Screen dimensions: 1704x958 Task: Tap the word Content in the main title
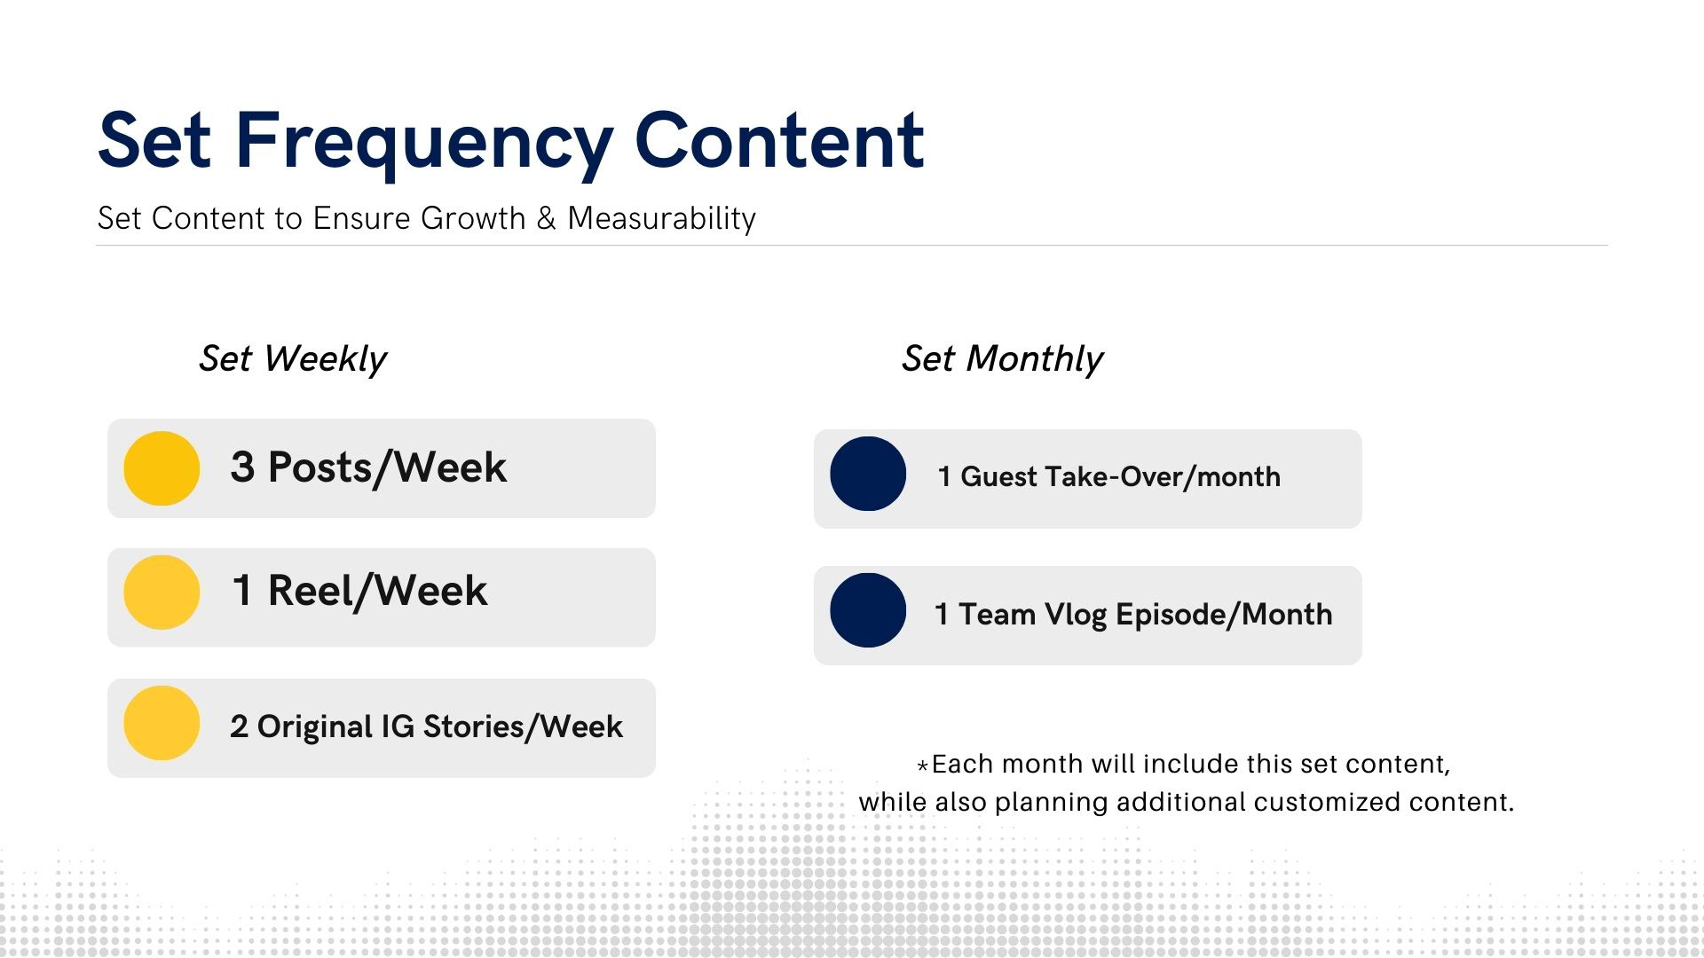point(780,140)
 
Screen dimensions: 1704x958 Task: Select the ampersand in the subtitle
point(547,218)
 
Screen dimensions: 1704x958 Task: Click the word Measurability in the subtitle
point(662,219)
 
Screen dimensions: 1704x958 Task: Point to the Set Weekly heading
point(293,359)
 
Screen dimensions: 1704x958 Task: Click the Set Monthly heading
point(1002,359)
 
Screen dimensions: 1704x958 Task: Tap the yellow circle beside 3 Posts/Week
point(162,468)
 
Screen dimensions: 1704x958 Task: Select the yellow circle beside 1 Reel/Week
point(162,593)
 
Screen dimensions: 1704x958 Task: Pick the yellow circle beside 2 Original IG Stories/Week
point(162,723)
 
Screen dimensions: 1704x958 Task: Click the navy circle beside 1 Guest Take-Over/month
point(868,474)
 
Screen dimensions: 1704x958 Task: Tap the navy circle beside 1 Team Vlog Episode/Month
point(868,610)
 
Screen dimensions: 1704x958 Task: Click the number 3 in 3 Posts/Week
point(242,467)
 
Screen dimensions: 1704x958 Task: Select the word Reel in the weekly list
point(316,591)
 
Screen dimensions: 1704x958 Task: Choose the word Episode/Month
point(1224,615)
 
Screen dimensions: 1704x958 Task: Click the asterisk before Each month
point(922,766)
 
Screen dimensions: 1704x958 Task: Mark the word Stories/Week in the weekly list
point(523,726)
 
